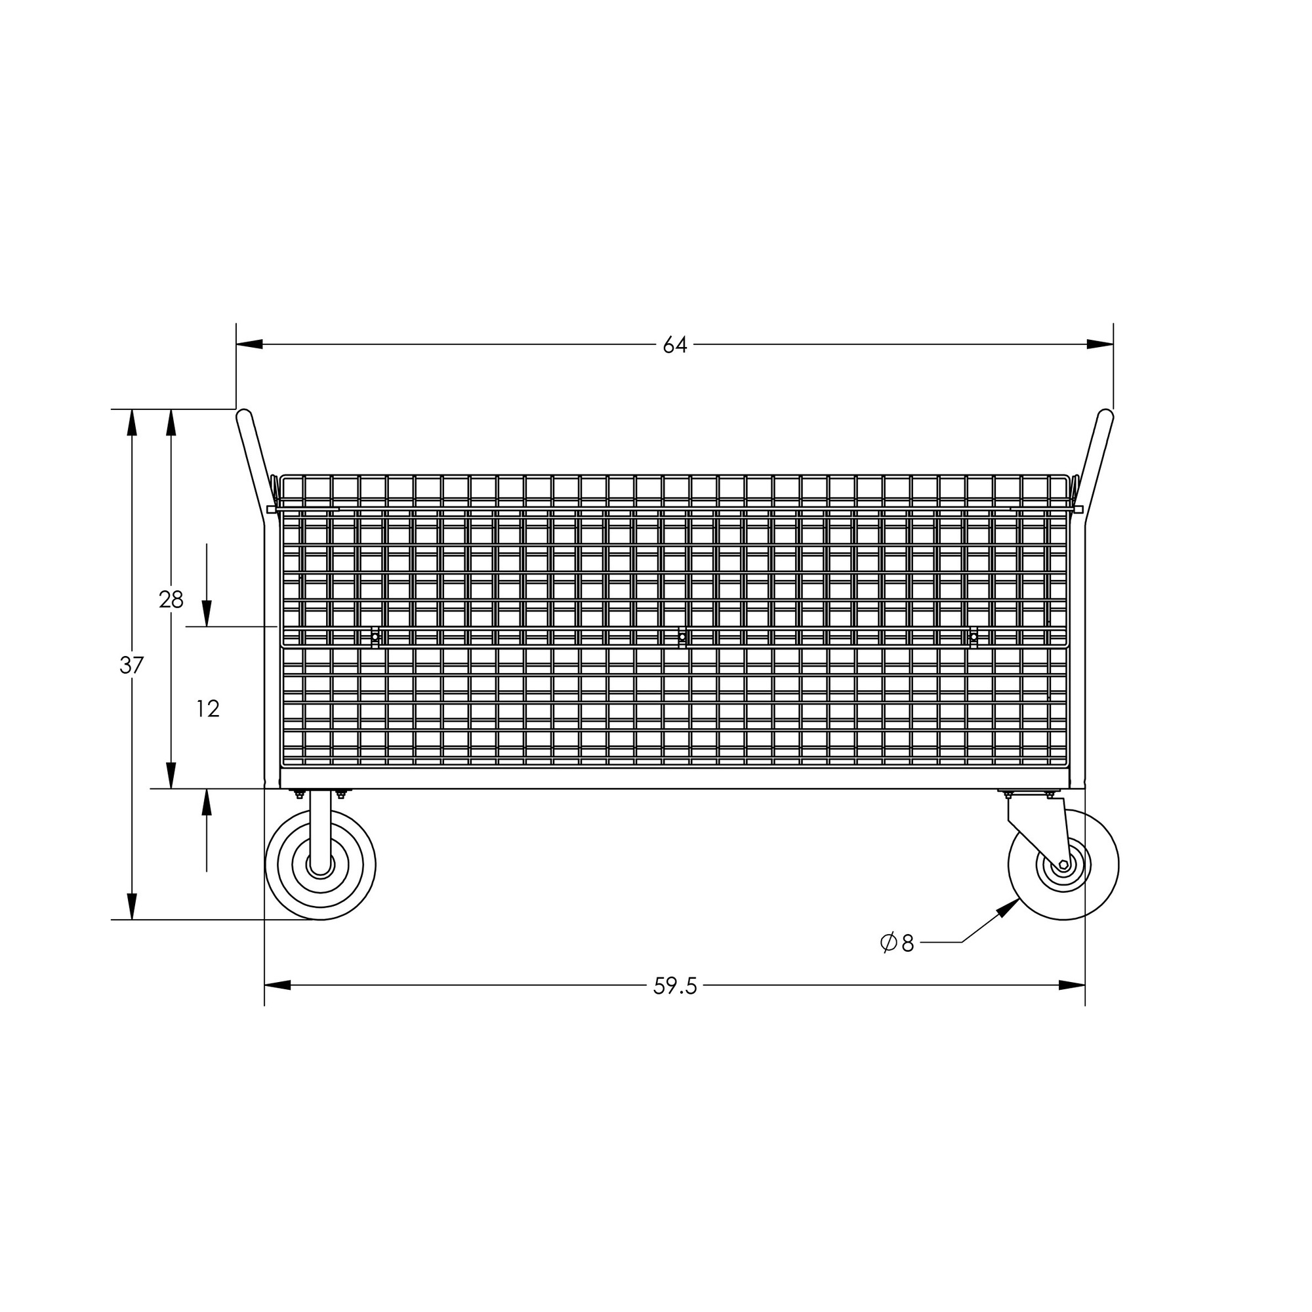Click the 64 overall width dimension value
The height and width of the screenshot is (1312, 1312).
point(675,346)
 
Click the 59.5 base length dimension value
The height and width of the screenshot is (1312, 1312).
point(675,986)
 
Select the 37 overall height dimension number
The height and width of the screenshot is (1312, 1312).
point(132,665)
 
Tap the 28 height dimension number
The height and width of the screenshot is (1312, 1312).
point(171,600)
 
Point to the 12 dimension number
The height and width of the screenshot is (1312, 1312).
point(208,709)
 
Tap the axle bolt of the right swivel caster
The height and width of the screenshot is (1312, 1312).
point(1063,865)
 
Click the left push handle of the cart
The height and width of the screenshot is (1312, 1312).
point(253,462)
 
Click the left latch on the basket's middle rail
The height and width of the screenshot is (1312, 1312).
point(374,637)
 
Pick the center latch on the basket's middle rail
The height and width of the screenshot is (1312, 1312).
point(682,637)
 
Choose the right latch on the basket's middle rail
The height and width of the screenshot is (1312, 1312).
point(973,637)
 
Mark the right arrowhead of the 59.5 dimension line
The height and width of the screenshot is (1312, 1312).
point(1073,985)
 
